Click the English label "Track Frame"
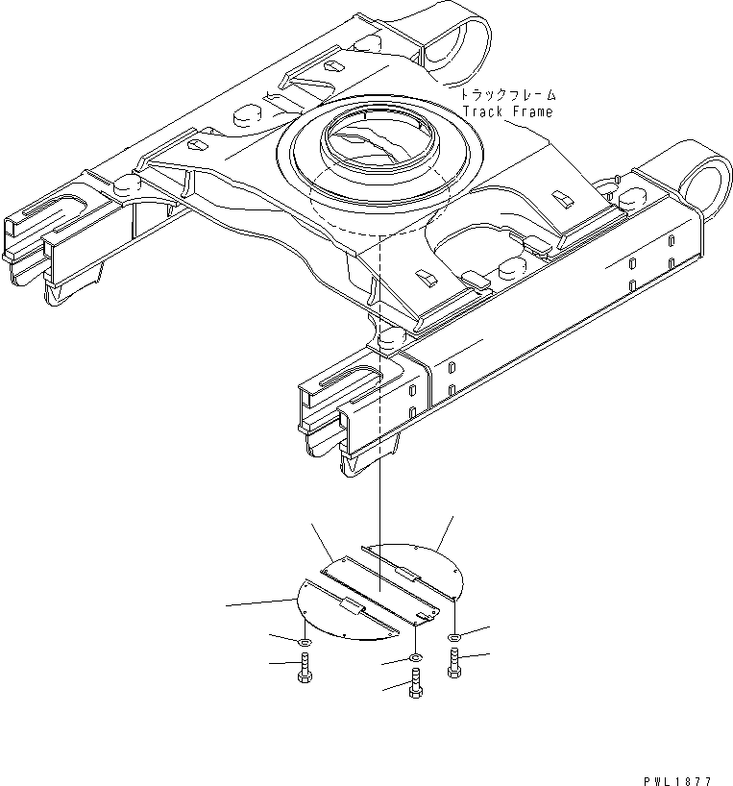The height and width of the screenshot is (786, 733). click(507, 111)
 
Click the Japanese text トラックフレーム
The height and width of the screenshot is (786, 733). click(508, 96)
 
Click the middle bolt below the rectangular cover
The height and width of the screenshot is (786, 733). click(415, 684)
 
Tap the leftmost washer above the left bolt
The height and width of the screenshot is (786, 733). click(305, 641)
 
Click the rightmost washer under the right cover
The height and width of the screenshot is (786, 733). click(453, 636)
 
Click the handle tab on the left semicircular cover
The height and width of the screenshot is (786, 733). click(352, 607)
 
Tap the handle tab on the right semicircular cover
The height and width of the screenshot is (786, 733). click(404, 574)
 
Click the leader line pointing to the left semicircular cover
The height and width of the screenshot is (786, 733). click(259, 602)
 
